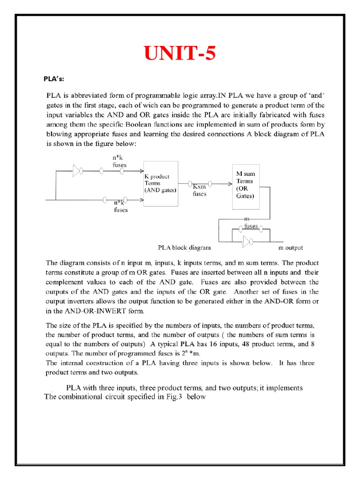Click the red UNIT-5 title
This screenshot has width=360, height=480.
pos(180,54)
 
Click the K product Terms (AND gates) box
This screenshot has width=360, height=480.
pos(160,183)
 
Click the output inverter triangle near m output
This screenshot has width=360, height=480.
pos(246,242)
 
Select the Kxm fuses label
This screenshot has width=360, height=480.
pos(200,190)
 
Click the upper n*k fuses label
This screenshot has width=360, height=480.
pos(119,162)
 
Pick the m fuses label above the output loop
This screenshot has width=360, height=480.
pos(250,223)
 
